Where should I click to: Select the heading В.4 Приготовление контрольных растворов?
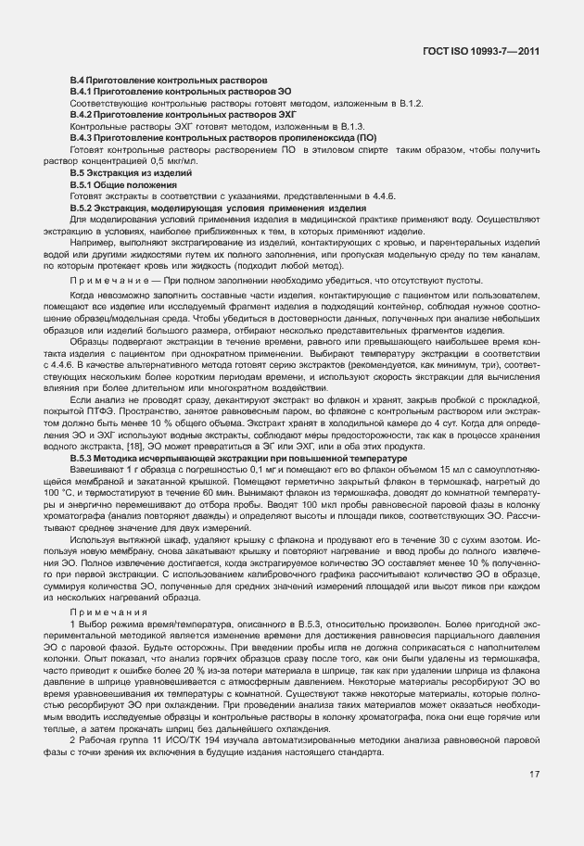[170, 81]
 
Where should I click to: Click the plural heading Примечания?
[103, 612]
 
